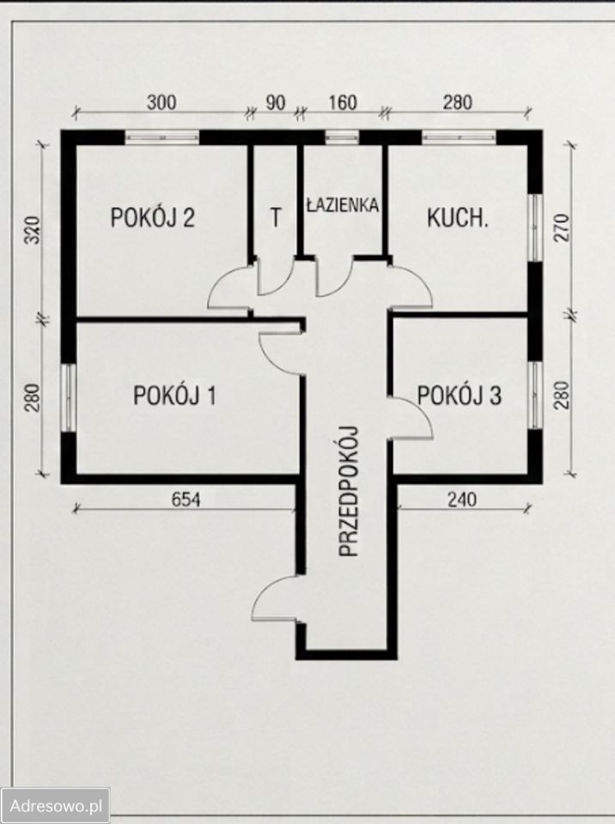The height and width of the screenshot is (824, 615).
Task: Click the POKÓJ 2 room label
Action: (x=153, y=217)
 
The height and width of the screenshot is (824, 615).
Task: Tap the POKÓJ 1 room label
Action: (x=174, y=395)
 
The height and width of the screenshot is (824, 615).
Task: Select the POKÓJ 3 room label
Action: (x=460, y=395)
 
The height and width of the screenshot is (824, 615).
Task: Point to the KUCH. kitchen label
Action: (x=458, y=217)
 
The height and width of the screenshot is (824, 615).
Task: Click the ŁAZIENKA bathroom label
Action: (x=343, y=204)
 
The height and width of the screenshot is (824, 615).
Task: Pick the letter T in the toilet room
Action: (x=275, y=217)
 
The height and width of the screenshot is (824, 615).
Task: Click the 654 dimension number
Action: (x=186, y=500)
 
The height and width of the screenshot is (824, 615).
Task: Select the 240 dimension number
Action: (x=462, y=500)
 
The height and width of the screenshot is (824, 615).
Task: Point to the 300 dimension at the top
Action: (x=161, y=102)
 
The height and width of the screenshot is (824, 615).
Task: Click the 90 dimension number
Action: (x=275, y=102)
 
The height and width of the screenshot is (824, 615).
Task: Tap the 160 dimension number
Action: (x=343, y=102)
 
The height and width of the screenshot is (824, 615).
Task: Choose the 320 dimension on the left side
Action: (x=33, y=230)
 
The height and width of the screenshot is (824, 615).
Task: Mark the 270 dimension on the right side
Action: (x=562, y=227)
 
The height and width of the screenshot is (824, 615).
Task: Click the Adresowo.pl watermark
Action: (x=56, y=806)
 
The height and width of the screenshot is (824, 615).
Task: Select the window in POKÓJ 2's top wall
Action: (x=162, y=137)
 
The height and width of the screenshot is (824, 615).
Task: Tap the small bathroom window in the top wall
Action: (x=342, y=137)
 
